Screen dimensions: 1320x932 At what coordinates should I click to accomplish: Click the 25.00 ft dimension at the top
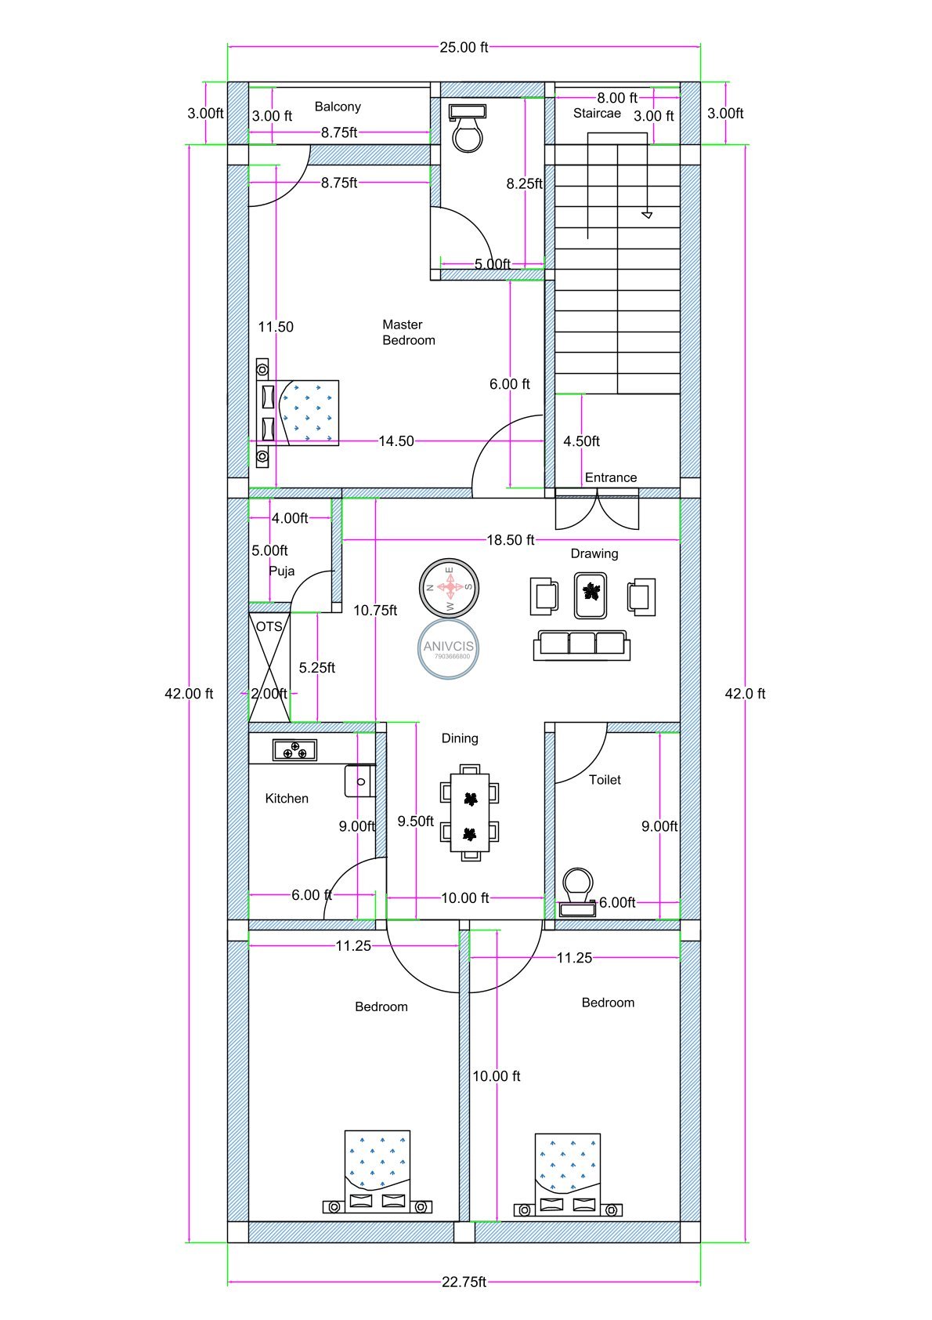(464, 47)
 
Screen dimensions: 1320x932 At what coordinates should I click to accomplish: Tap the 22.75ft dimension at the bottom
(464, 1282)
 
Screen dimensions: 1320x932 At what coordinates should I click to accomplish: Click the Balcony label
(338, 107)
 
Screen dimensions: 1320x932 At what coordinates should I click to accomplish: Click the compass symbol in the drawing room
(449, 587)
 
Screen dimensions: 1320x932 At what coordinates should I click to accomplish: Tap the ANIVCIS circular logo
(448, 647)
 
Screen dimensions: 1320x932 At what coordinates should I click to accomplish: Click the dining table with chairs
(470, 812)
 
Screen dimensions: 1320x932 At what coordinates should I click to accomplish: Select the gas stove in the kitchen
(294, 750)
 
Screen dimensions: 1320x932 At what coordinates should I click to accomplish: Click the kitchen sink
(359, 781)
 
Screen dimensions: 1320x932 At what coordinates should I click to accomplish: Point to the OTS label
(269, 627)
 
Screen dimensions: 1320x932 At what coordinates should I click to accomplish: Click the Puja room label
(281, 571)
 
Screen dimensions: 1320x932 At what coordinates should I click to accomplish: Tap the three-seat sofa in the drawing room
(581, 644)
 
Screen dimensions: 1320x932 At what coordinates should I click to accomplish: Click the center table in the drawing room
(591, 595)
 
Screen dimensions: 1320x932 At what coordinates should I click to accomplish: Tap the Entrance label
(610, 477)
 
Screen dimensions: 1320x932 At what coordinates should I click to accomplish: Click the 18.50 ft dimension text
(510, 540)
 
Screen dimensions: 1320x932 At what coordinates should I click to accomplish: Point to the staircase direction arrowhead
(647, 213)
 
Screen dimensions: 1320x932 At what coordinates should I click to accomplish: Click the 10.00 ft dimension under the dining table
(464, 898)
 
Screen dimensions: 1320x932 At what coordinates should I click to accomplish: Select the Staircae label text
(597, 114)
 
